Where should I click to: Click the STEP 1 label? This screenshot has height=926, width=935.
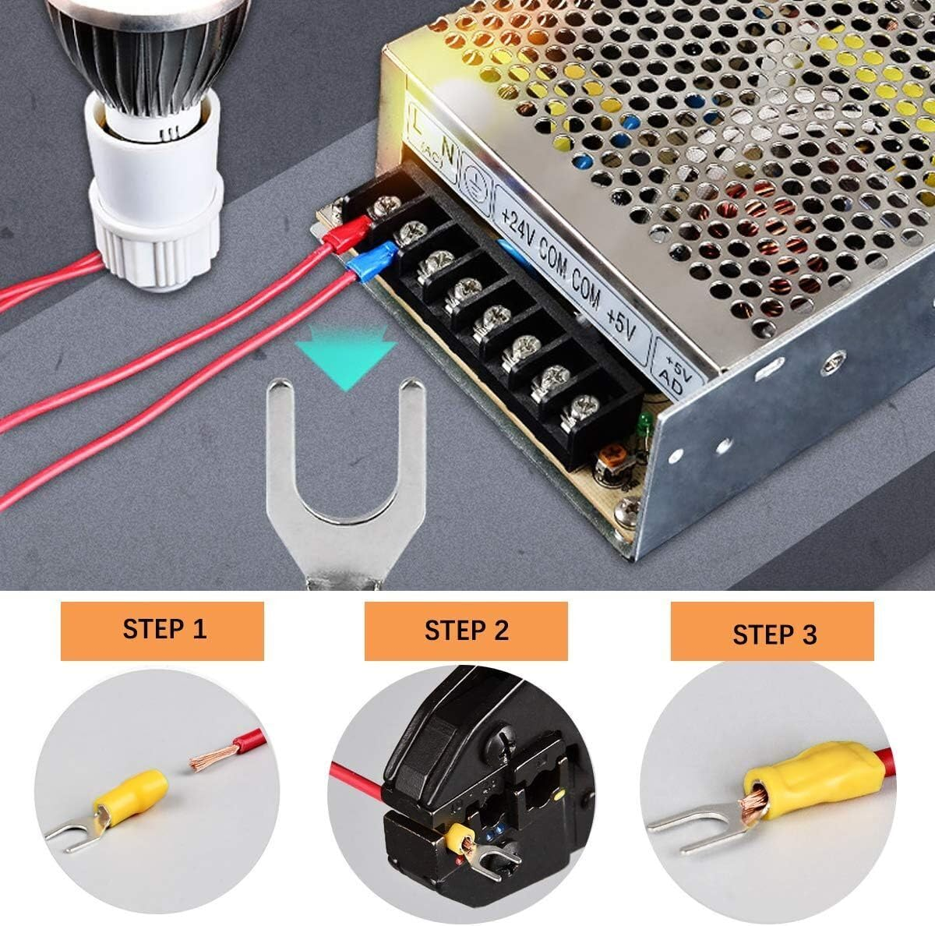(x=165, y=629)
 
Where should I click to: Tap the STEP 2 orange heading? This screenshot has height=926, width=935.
(x=466, y=629)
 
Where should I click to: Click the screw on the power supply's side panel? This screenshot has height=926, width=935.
(x=834, y=360)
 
